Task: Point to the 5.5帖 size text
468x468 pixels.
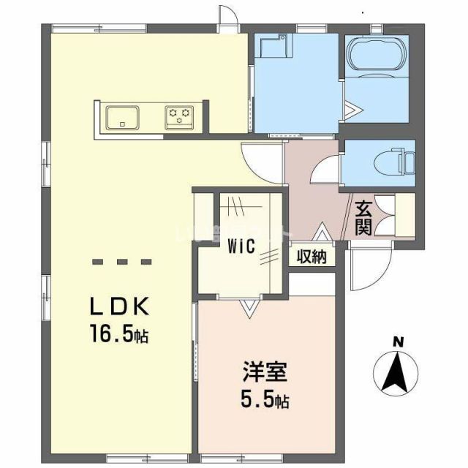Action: [x=265, y=401]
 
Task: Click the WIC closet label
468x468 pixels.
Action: [x=240, y=246]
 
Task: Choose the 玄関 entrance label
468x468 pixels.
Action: [x=363, y=217]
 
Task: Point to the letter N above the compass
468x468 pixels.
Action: [x=398, y=341]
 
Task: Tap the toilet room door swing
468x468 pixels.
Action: [x=325, y=170]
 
